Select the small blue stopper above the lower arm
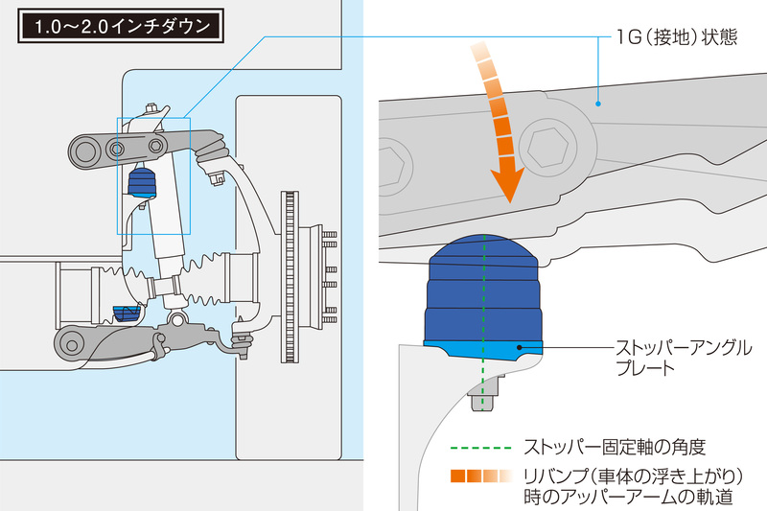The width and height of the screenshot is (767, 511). coord(127,314)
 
